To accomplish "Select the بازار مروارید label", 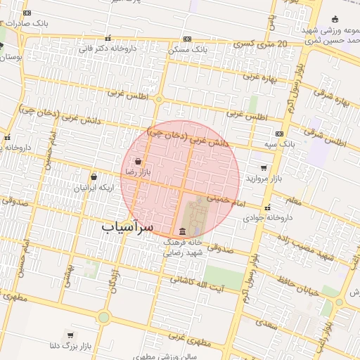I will (262, 178).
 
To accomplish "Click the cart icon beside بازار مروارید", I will (264, 168).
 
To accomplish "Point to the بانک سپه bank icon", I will (280, 134).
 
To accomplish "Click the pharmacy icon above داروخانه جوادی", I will (267, 208).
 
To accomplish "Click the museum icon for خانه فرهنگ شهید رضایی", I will (183, 231).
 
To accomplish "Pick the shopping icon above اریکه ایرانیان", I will (94, 178).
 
